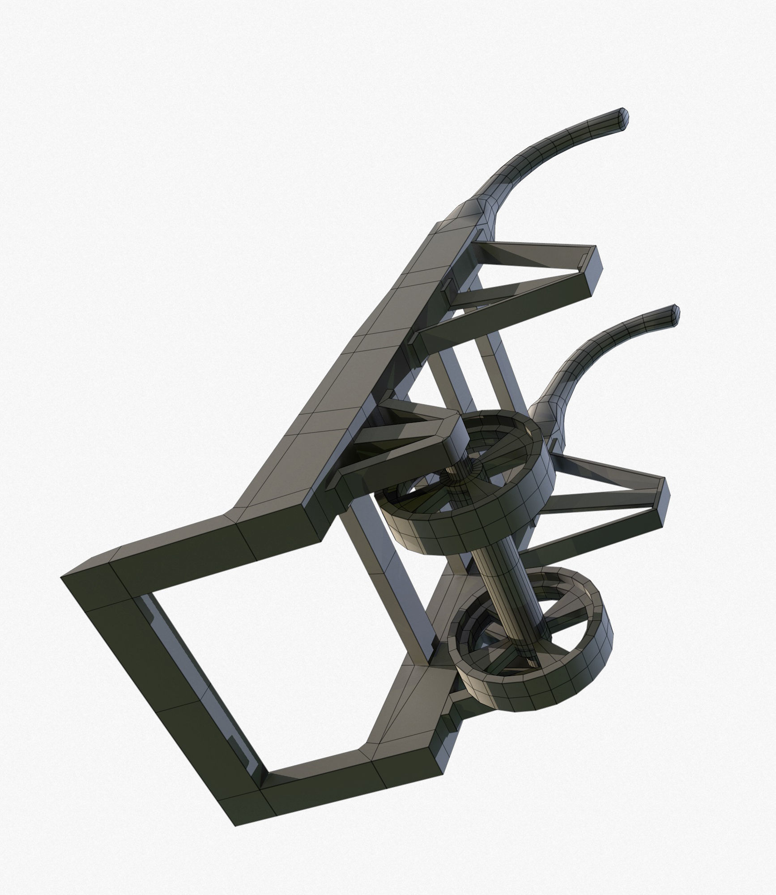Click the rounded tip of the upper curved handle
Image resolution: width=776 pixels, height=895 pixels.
tap(622, 117)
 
